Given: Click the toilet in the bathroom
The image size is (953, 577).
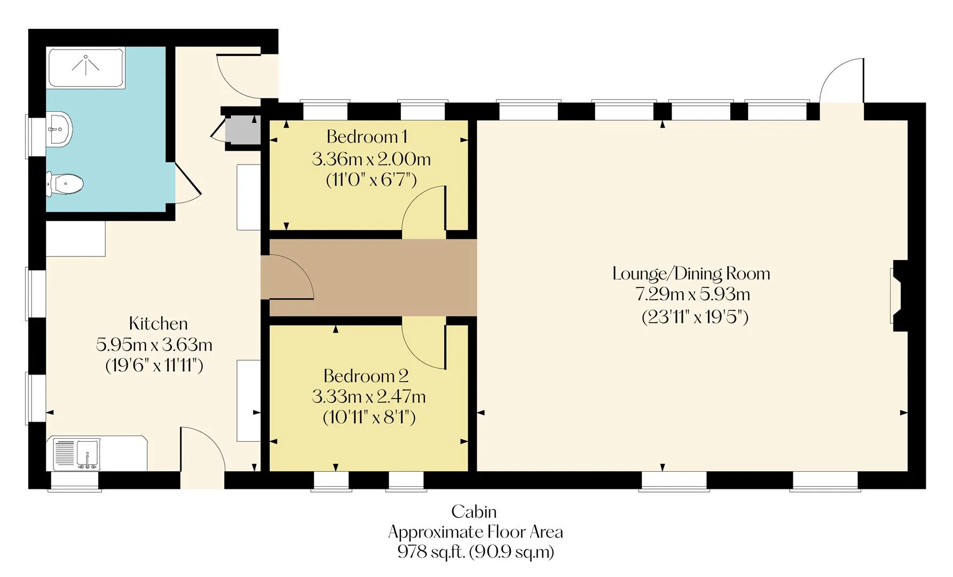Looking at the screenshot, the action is pyautogui.click(x=65, y=184).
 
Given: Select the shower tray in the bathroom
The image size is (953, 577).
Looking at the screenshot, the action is pyautogui.click(x=86, y=67).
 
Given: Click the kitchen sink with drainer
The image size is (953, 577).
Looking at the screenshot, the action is pyautogui.click(x=77, y=455).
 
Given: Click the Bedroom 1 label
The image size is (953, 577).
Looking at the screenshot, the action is pyautogui.click(x=367, y=137).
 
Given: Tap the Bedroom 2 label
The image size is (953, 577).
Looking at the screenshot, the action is pyautogui.click(x=366, y=376).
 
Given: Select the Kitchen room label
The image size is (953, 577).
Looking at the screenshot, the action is pyautogui.click(x=159, y=324).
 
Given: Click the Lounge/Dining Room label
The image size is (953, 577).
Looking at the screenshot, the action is pyautogui.click(x=691, y=274).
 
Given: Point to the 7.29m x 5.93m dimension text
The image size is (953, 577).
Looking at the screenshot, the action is pyautogui.click(x=692, y=294).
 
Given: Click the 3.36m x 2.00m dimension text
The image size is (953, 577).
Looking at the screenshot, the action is pyautogui.click(x=372, y=159).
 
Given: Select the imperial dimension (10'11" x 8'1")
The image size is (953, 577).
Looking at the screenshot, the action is pyautogui.click(x=369, y=417).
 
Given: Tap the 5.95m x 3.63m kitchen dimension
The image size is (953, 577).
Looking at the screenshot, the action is pyautogui.click(x=154, y=345).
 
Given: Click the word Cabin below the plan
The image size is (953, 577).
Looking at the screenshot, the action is pyautogui.click(x=474, y=512).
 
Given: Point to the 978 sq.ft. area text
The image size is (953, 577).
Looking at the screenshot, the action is pyautogui.click(x=432, y=552).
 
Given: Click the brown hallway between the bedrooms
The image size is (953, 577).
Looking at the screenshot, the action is pyautogui.click(x=373, y=277).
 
